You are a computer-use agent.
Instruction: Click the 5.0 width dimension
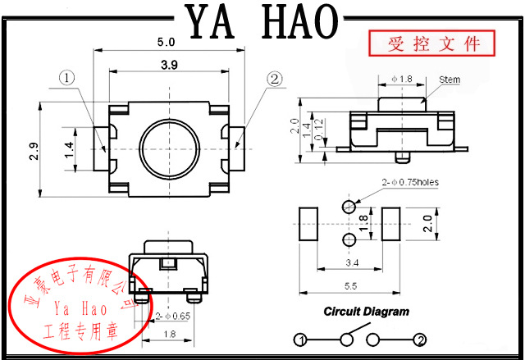[x=167, y=40]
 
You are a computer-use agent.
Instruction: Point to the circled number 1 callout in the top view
[x=67, y=79]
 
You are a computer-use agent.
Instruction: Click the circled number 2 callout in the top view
[x=274, y=79]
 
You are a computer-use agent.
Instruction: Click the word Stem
[x=450, y=80]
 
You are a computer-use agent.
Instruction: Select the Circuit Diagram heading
[x=366, y=312]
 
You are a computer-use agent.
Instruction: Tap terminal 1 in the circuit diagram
[x=301, y=340]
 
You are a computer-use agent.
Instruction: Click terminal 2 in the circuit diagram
[x=420, y=340]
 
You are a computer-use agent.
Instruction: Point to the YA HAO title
[x=262, y=21]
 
